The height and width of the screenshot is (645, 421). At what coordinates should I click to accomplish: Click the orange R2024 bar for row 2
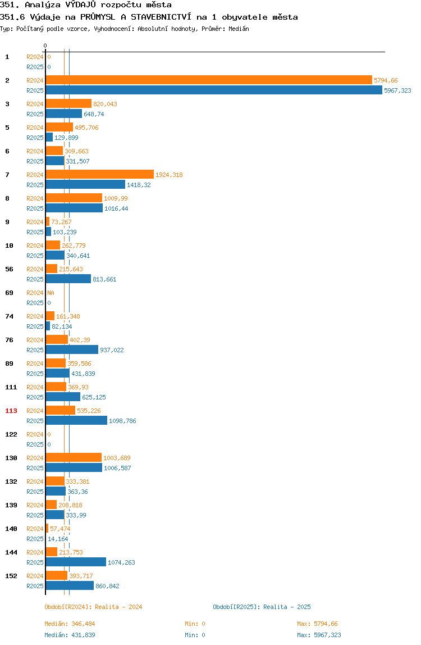coord(209,80)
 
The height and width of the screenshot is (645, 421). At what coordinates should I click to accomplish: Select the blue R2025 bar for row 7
coord(85,185)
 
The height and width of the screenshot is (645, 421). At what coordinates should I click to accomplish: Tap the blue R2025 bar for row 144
coord(76,562)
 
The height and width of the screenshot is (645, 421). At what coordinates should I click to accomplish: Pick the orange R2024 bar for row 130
coord(74,458)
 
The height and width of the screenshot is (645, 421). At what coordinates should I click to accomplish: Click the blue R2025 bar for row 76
coord(72,350)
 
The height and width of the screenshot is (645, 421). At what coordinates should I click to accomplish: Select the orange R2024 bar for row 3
coord(68,104)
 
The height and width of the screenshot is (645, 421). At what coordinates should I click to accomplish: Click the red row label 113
coord(11,411)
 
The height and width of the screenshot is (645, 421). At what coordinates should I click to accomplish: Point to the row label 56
coord(9,270)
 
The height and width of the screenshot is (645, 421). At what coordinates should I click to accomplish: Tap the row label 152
coord(11,576)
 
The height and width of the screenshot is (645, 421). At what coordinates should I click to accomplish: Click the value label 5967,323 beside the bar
coord(397,90)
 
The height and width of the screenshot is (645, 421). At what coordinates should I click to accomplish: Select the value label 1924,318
coord(169,175)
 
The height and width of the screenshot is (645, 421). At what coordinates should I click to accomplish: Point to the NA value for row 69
coord(51,293)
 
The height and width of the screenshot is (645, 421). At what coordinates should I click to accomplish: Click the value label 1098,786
coord(122,421)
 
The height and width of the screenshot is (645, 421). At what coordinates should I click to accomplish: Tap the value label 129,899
coord(66,138)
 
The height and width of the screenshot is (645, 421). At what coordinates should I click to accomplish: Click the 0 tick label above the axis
coord(45,46)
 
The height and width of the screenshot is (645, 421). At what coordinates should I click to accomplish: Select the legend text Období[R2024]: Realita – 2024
coord(93,607)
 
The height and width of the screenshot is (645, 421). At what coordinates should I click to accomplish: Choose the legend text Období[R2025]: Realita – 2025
coord(262,607)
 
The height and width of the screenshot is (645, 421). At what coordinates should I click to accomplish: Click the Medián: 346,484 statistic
coord(70,624)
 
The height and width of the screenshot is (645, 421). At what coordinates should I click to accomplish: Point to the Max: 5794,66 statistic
coord(317,624)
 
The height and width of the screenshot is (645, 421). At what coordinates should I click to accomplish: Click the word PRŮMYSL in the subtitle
coord(98,17)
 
